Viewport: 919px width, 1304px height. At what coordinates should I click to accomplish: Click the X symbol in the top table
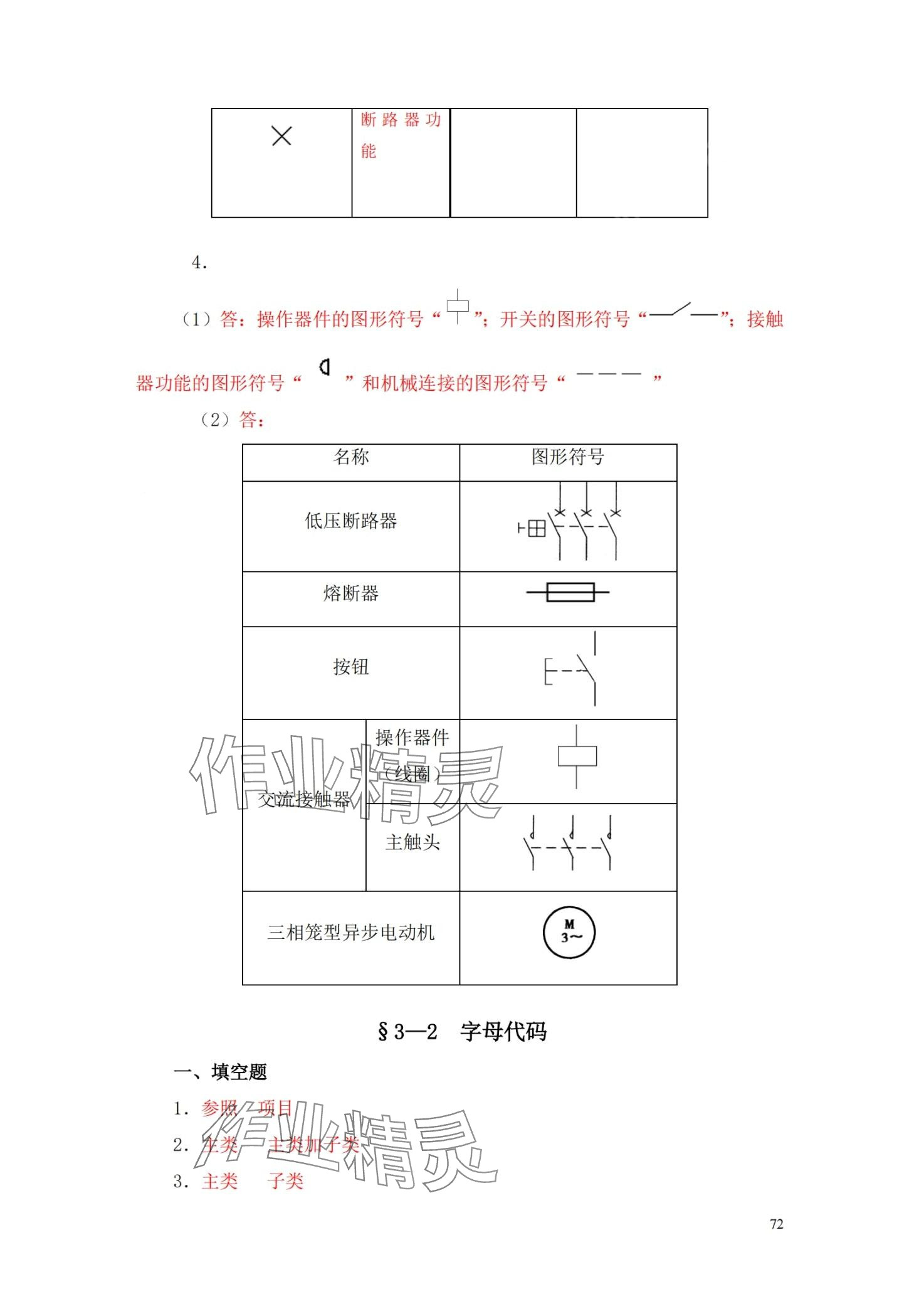(281, 135)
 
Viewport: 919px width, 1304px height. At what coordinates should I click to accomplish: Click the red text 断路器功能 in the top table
(400, 134)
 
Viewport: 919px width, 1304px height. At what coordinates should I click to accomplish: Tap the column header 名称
(350, 457)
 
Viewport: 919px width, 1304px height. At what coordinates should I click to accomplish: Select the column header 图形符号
(567, 457)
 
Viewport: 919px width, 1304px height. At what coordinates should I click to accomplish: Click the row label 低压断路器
(350, 521)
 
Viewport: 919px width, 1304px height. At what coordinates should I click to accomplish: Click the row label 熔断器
(350, 593)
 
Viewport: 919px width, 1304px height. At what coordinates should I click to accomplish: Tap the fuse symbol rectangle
(570, 592)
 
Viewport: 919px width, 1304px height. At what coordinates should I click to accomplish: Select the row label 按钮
(350, 667)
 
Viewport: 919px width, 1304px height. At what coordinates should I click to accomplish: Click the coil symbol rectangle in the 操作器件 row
(577, 756)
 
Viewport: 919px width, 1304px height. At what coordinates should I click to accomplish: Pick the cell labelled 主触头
(412, 842)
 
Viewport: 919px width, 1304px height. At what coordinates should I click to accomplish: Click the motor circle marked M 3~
(569, 933)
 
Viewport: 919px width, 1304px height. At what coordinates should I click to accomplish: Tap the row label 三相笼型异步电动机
(350, 933)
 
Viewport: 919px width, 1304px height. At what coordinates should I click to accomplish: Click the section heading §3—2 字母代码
(462, 1032)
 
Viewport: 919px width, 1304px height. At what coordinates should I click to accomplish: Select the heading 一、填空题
(220, 1073)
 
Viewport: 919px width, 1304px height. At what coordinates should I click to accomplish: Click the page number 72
(776, 1224)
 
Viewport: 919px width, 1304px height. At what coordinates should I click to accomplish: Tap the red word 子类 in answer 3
(285, 1182)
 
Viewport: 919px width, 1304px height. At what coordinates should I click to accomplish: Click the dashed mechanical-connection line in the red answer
(608, 374)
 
